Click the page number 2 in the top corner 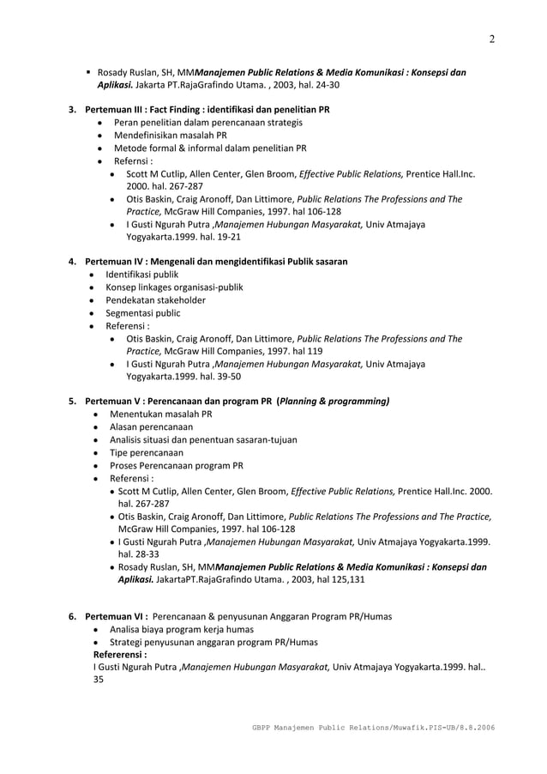point(492,39)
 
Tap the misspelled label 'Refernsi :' point(129,160)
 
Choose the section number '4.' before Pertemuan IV point(73,261)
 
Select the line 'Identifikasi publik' point(142,274)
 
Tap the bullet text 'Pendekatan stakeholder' point(155,300)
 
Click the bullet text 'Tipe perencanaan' point(146,452)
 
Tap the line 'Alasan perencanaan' point(151,426)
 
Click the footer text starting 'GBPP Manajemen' point(370,728)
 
